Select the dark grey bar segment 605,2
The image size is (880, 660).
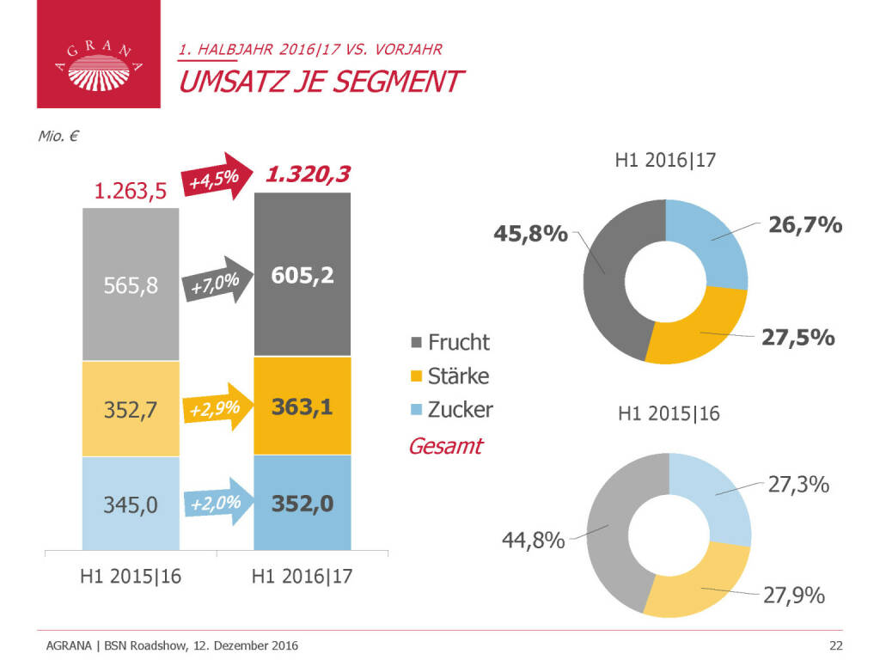pos(302,274)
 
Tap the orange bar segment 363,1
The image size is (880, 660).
pos(302,406)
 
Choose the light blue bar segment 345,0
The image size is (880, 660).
pos(131,504)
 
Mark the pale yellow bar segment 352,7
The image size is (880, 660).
pos(131,407)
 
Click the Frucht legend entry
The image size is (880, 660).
pos(450,342)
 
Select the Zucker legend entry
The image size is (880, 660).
pos(452,410)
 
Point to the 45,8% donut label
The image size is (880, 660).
pos(530,233)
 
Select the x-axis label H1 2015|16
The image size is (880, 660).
pos(131,577)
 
